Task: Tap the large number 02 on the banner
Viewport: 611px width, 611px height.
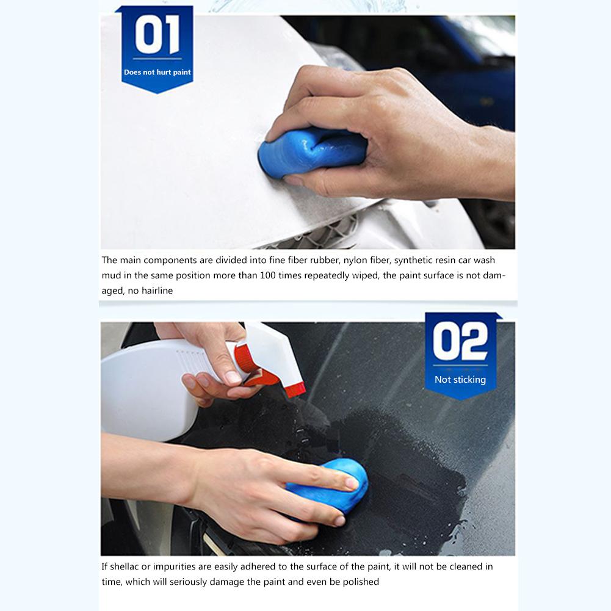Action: tap(460, 341)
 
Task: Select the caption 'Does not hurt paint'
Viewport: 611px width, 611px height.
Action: tap(157, 72)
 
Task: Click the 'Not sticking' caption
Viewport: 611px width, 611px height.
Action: tap(460, 380)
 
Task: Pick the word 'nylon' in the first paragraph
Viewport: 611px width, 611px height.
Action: tap(355, 260)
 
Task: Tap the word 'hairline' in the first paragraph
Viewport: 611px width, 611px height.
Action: tap(157, 291)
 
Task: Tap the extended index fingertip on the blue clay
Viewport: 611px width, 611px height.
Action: tap(350, 483)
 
